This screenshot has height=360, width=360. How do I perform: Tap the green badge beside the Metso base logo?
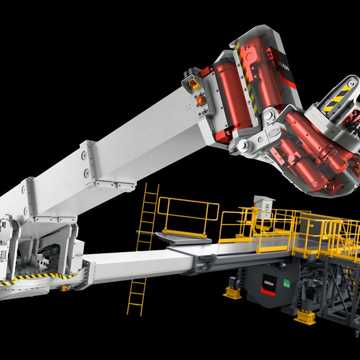pos(287,284)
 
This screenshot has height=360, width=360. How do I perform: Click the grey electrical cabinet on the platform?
pos(264,207)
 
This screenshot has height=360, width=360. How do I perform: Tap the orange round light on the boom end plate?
pos(200,101)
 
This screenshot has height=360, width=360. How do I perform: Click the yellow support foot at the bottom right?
pos(305,317)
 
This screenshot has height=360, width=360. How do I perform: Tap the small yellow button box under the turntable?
pos(64,288)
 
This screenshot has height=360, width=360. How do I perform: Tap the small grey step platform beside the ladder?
pos(183,238)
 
